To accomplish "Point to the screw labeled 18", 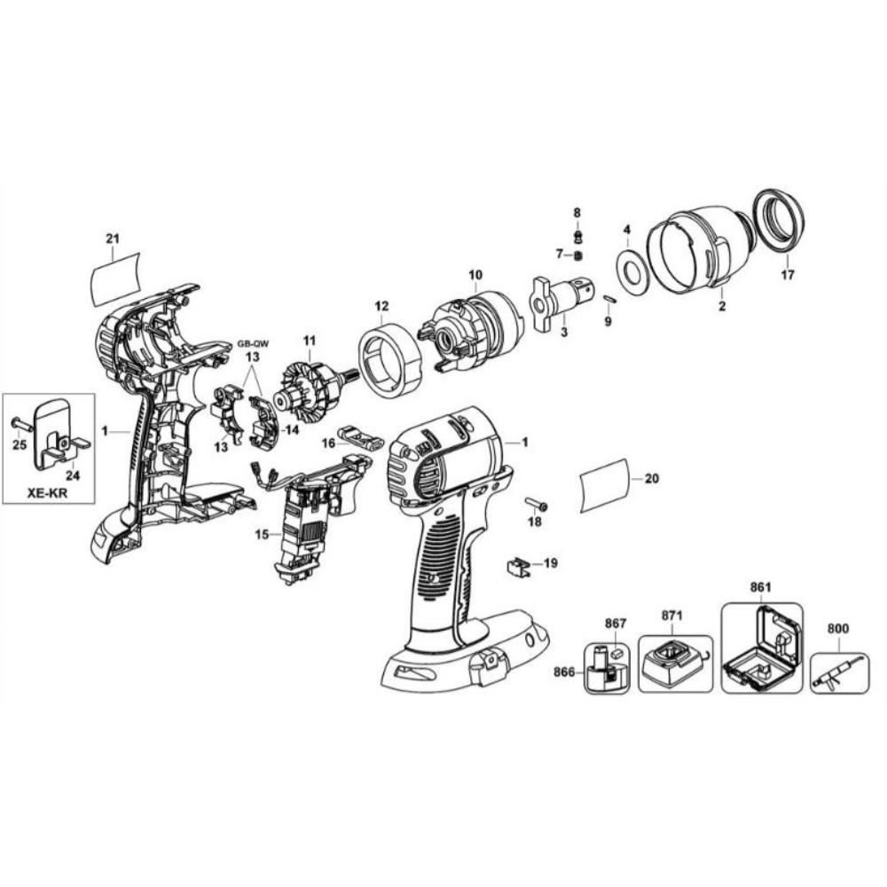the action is point(538,503).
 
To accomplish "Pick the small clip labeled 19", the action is point(518,566).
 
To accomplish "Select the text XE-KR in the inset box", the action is point(48,492).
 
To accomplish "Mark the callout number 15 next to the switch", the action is point(262,533).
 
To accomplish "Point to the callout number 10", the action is point(475,275).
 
